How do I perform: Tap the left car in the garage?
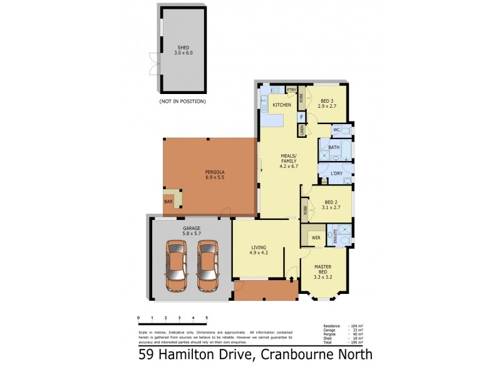click(x=177, y=266)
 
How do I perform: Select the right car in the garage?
click(x=208, y=266)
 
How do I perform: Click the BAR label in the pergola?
click(x=168, y=201)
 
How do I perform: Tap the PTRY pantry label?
click(x=291, y=90)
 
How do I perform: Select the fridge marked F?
click(x=301, y=117)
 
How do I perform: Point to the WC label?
click(x=336, y=130)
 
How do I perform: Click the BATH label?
click(x=334, y=148)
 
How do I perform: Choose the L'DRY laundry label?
click(x=336, y=173)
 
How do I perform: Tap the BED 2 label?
click(x=329, y=204)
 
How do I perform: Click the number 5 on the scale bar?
click(x=207, y=318)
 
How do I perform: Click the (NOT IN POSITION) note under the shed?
click(x=182, y=101)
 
